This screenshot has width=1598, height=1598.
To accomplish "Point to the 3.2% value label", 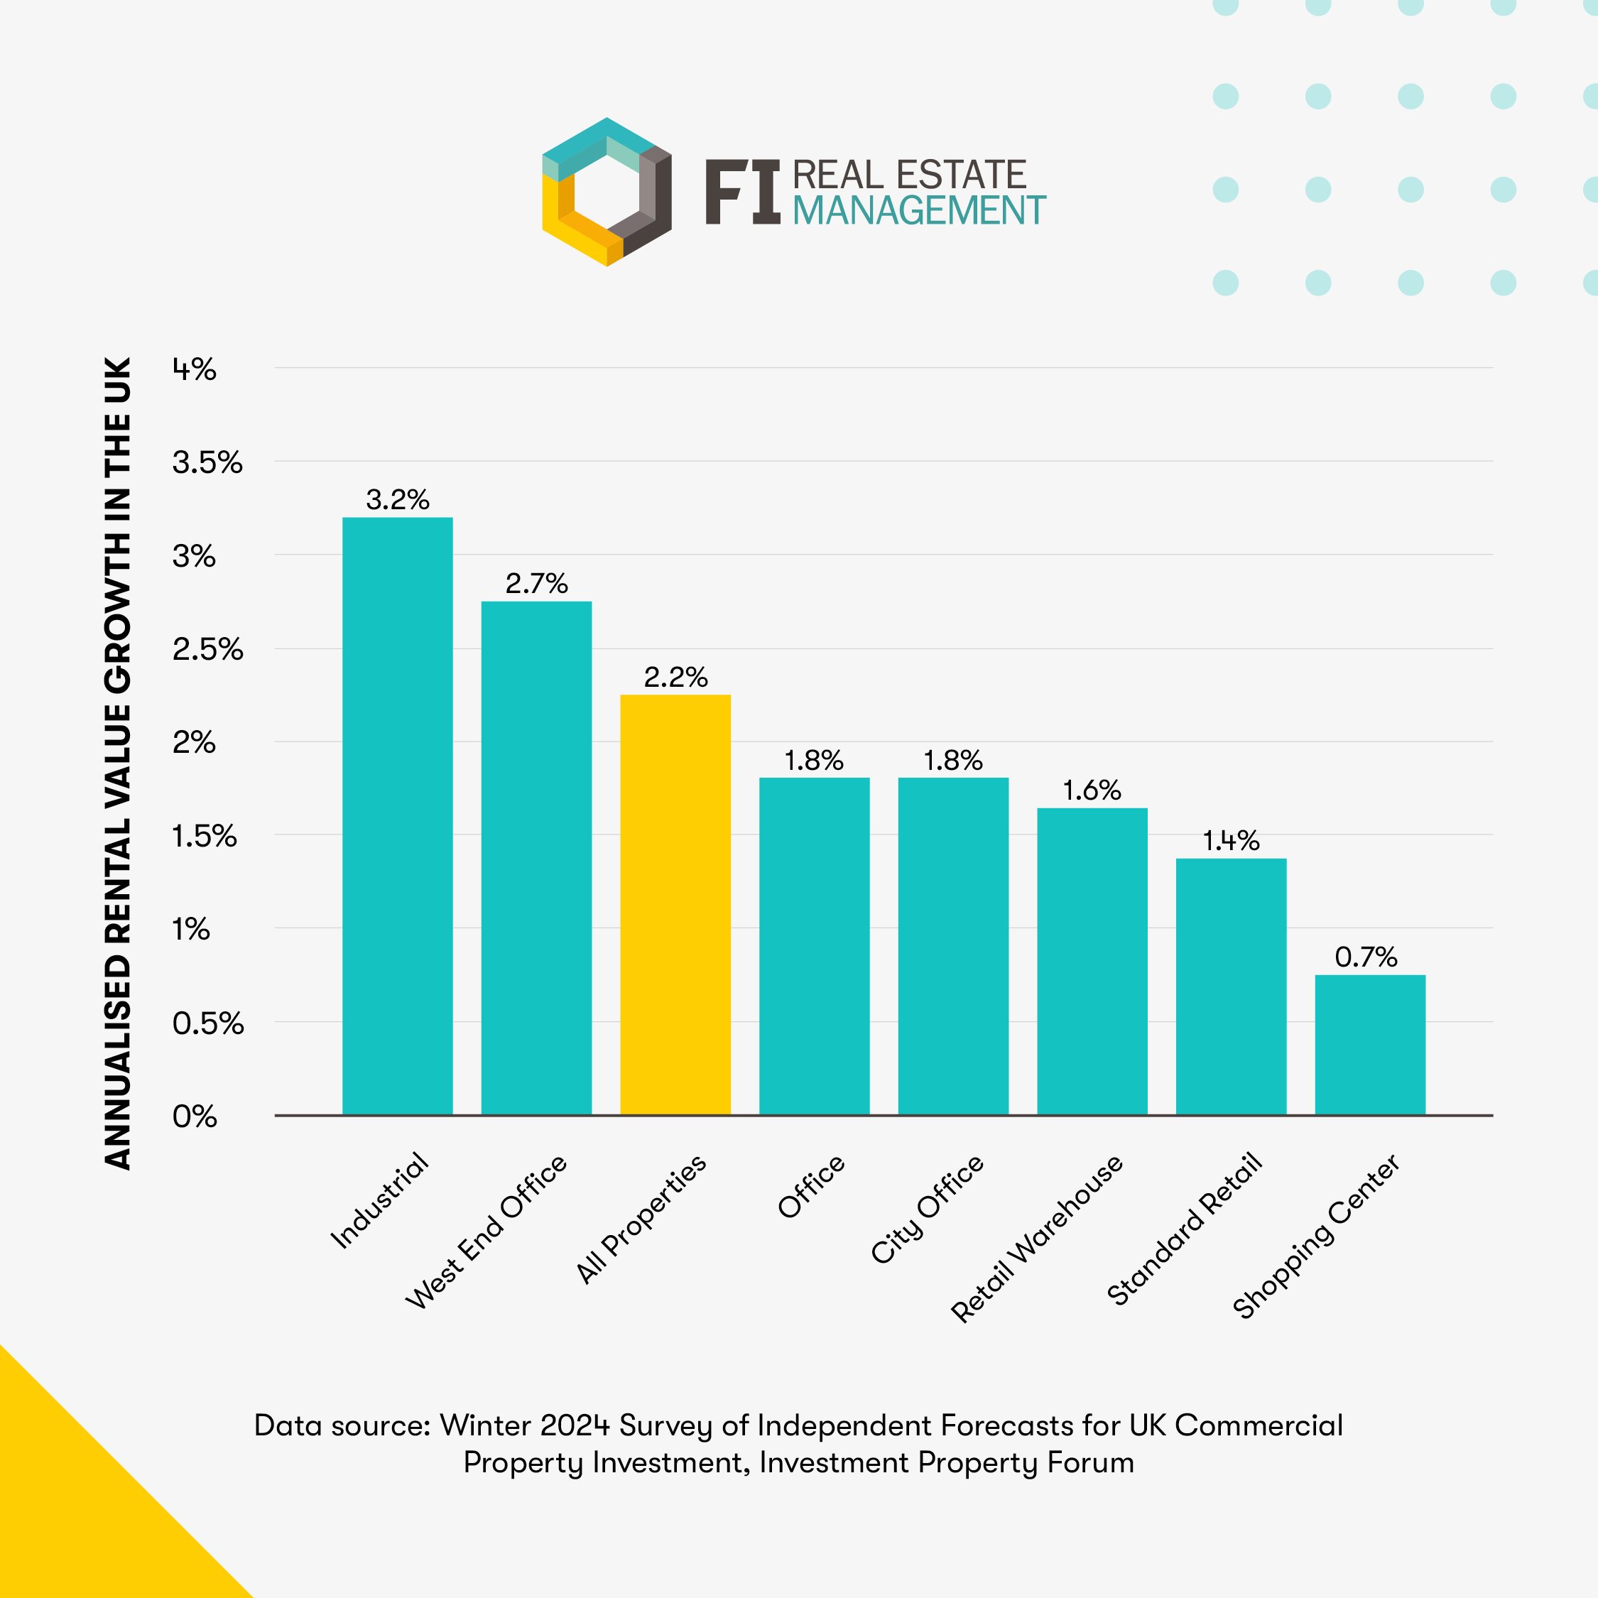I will (397, 499).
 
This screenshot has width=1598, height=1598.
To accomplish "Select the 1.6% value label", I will (1092, 790).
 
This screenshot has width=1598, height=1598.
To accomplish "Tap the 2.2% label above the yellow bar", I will (675, 678).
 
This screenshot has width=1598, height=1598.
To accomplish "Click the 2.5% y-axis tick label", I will (207, 649).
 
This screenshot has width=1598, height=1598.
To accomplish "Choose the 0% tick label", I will (195, 1116).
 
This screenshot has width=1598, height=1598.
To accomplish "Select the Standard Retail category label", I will (1185, 1229).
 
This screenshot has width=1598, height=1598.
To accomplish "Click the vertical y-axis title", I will (119, 763).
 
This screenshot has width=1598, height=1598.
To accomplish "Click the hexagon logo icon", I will (607, 192).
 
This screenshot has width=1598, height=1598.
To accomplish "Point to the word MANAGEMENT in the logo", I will (919, 211).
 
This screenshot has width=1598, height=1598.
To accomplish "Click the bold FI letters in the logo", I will (742, 192).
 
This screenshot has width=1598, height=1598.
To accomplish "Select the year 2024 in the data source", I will (574, 1425).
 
